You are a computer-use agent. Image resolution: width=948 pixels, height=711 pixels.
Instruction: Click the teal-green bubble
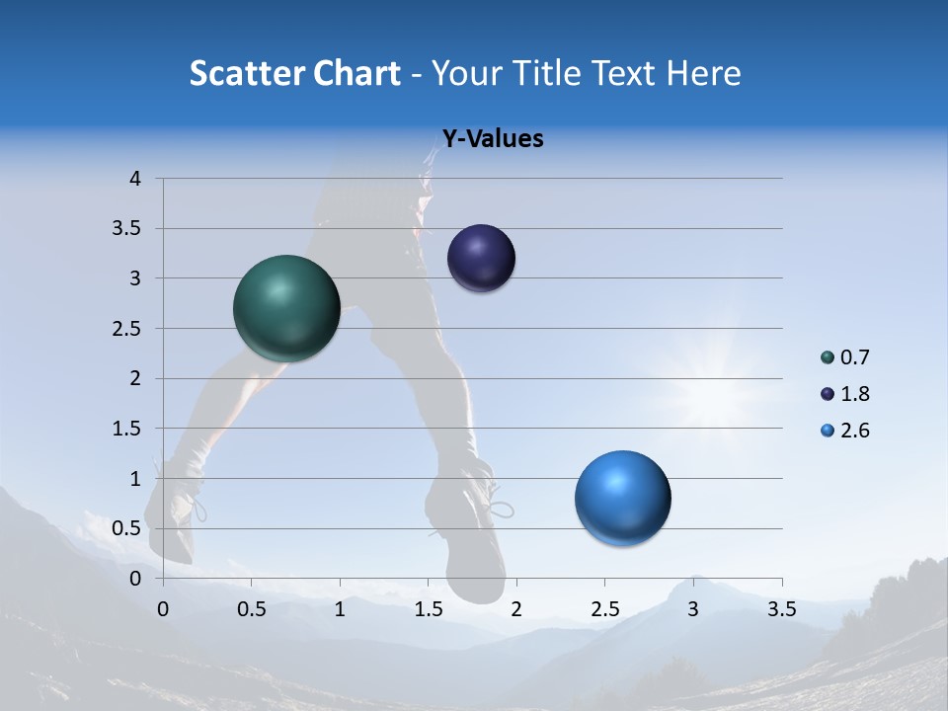point(286,307)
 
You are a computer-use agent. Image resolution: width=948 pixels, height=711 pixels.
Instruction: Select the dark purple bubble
point(481,258)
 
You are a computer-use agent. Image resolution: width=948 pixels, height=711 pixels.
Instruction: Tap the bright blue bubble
point(622,498)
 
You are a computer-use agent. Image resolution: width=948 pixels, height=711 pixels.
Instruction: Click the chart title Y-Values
point(492,139)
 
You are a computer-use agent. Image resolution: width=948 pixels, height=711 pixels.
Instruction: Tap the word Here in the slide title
point(703,73)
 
